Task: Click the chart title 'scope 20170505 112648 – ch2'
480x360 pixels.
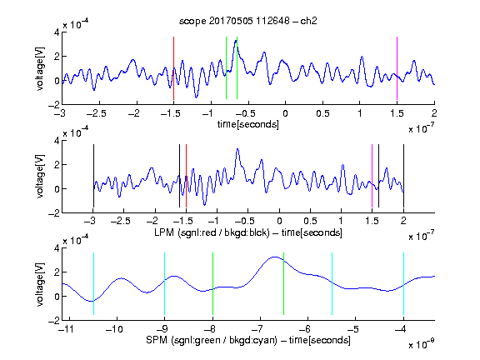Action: coord(248,21)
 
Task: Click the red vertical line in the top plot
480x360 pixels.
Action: coord(173,68)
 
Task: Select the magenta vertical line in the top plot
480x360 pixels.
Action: coord(397,68)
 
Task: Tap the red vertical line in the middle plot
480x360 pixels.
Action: coord(186,176)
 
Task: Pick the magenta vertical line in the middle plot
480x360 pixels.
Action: coord(372,176)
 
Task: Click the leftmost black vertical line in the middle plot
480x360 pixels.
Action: coord(93,176)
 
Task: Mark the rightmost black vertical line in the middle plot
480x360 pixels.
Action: coord(403,176)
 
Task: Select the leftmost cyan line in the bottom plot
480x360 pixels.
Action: coord(93,284)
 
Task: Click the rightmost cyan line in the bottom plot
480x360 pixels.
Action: coord(403,284)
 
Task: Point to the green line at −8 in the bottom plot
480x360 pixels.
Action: coord(212,284)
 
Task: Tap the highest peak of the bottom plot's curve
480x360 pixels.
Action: coord(275,257)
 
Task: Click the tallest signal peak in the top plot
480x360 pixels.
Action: coord(236,40)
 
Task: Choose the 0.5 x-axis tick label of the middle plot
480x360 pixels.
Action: coord(310,221)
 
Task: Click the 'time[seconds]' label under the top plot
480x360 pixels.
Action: coord(248,124)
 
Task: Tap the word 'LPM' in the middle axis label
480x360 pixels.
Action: coord(164,232)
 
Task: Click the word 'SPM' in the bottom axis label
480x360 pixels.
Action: coord(156,340)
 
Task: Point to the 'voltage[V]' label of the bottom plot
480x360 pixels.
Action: coord(40,284)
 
